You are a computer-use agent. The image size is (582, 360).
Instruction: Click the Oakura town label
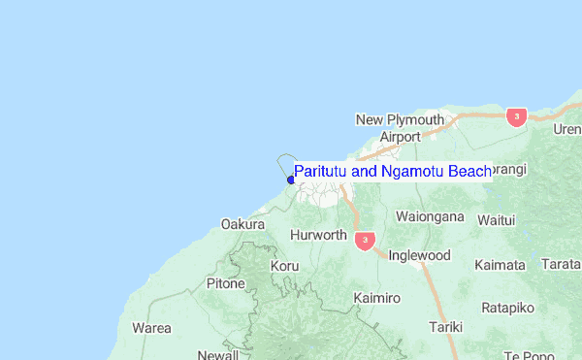tap(242, 224)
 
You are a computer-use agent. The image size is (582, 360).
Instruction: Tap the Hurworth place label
tap(318, 235)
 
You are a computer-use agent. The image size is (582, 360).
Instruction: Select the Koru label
tap(285, 265)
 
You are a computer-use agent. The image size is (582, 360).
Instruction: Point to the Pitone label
tap(226, 283)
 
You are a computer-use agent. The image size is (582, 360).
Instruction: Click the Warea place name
tap(151, 328)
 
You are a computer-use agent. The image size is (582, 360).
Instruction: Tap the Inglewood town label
tap(419, 255)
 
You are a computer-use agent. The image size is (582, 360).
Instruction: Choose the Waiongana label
tap(431, 216)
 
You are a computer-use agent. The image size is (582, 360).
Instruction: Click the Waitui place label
tap(496, 220)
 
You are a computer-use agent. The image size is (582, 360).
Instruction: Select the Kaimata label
tap(501, 264)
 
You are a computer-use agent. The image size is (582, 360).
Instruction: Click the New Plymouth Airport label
tap(400, 128)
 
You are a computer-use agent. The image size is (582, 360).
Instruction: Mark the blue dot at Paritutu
tap(291, 179)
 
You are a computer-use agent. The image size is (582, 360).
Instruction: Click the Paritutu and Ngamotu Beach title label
tap(393, 172)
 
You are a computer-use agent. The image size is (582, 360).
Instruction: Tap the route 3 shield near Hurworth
tap(365, 239)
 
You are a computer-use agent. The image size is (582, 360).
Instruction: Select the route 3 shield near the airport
tap(516, 116)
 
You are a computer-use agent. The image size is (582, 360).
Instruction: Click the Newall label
tap(218, 354)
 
